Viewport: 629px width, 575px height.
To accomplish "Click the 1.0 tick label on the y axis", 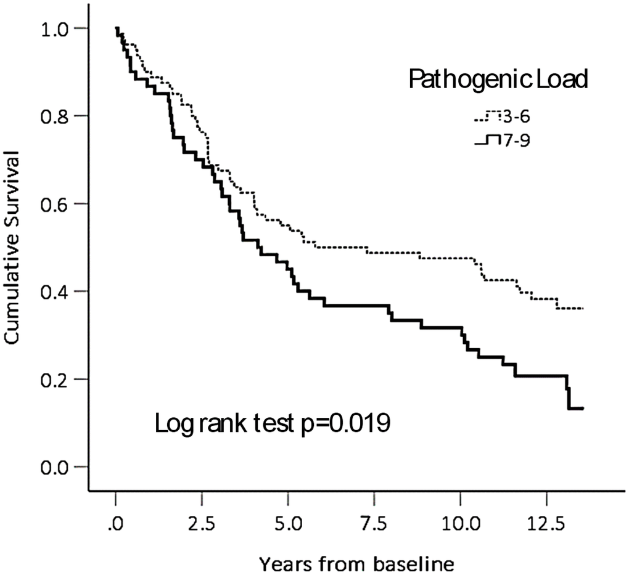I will (55, 28).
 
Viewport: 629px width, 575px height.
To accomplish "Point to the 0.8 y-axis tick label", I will (55, 116).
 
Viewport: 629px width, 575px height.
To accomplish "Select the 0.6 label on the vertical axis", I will (55, 203).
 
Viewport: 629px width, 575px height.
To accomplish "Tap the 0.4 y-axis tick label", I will (55, 291).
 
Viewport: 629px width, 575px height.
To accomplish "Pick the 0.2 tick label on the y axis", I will (55, 378).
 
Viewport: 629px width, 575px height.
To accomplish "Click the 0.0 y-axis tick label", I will (55, 467).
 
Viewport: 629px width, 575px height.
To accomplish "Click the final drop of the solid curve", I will (568, 398).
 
